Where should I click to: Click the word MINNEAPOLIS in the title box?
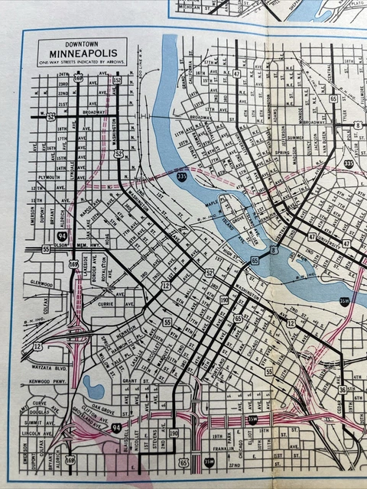tap(83, 54)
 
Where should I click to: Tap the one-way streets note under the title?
tap(83, 63)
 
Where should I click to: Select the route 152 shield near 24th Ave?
tap(117, 79)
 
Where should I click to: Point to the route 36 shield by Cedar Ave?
tap(342, 390)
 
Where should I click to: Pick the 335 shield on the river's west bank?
tap(181, 176)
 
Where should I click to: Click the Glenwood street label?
tap(39, 283)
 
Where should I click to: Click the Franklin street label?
tap(220, 450)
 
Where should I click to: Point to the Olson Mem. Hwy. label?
tap(70, 249)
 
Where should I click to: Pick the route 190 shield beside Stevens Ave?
tap(174, 433)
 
